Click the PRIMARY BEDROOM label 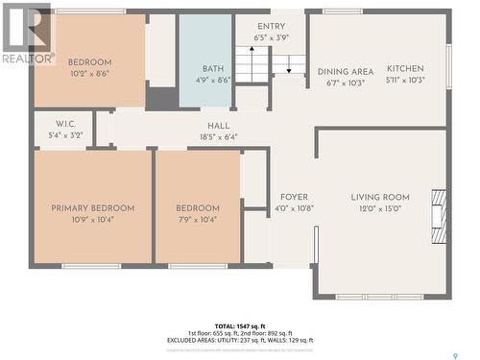[x=93, y=208]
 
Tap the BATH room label [x=212, y=69]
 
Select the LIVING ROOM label [x=380, y=198]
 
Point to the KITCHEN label [x=405, y=69]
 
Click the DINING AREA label [x=346, y=72]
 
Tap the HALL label [x=219, y=126]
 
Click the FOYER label [x=295, y=198]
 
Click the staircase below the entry [x=271, y=66]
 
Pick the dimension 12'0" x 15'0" [x=380, y=209]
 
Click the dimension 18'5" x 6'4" [x=219, y=137]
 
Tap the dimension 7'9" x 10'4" [x=198, y=220]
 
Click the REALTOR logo [x=27, y=35]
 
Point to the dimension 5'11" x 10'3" [x=405, y=82]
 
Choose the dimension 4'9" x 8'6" [x=212, y=81]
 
